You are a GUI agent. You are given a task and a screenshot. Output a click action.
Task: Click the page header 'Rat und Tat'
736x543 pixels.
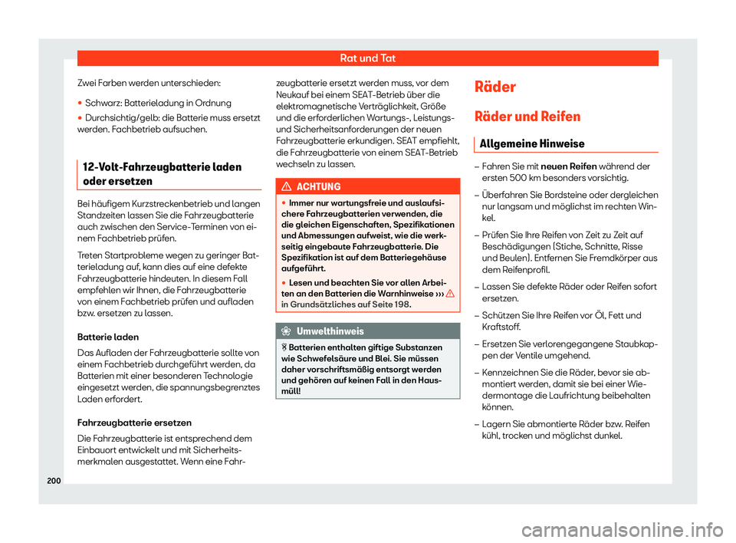(367, 58)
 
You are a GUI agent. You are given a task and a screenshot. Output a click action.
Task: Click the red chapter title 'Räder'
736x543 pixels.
(496, 87)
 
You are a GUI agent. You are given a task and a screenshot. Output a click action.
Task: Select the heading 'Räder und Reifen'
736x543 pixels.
(527, 117)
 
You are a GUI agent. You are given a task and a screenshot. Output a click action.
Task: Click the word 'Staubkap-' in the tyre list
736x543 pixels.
(634, 344)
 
